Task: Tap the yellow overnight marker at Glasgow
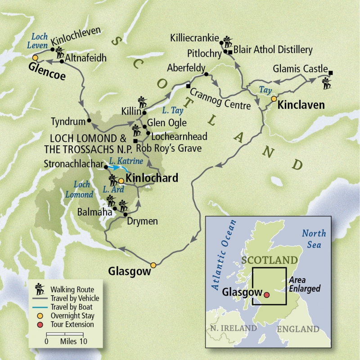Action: point(153,265)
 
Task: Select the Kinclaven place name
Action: point(301,105)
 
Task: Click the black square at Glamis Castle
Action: point(331,73)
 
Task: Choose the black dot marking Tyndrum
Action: point(89,121)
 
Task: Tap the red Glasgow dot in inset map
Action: point(266,295)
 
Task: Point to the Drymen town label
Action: point(142,221)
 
